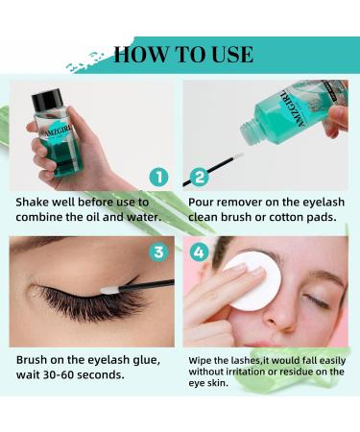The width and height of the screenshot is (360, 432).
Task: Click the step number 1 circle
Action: (x=158, y=178)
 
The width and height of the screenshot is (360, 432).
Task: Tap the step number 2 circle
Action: (x=199, y=178)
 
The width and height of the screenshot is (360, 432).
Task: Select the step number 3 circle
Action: (x=158, y=252)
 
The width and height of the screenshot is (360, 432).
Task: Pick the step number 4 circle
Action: (x=199, y=252)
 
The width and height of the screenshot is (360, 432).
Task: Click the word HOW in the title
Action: (x=140, y=54)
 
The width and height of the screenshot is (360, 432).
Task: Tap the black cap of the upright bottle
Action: (x=47, y=100)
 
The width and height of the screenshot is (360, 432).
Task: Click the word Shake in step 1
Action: (x=32, y=203)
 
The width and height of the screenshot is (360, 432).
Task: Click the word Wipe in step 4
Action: (x=200, y=361)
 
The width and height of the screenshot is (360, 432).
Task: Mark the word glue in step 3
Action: (x=146, y=361)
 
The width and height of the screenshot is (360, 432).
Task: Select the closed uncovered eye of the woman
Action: (x=317, y=301)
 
